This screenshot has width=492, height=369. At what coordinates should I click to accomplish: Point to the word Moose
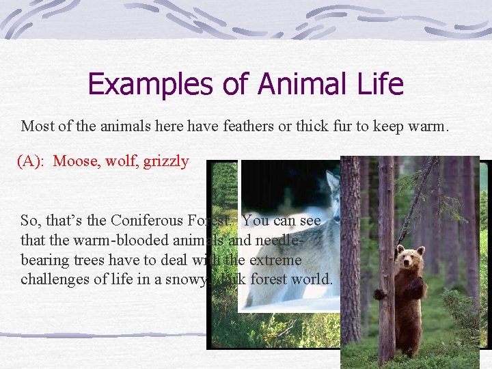pos(75,162)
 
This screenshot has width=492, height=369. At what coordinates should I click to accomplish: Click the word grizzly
pos(166,163)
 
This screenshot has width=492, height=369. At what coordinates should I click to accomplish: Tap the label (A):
pos(32,162)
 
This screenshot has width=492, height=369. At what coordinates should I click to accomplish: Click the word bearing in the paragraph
pos(44,260)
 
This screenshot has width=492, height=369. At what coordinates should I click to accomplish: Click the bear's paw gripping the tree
pos(380,293)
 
